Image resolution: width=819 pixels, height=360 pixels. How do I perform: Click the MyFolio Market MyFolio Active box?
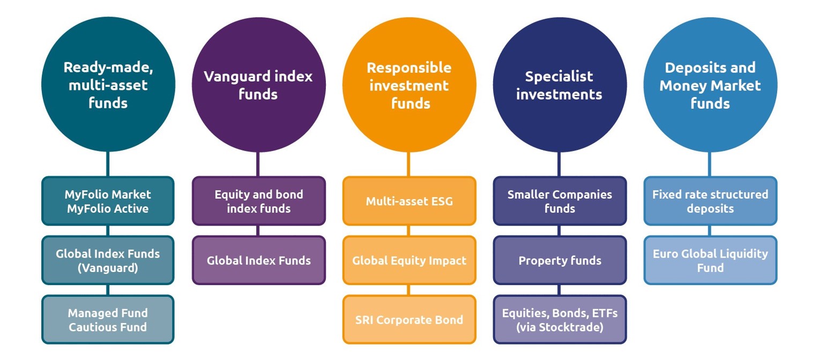coord(108,201)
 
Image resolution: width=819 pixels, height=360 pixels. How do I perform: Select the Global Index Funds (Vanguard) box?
coord(108,260)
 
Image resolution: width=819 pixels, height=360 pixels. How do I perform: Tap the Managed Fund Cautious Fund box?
coord(108,319)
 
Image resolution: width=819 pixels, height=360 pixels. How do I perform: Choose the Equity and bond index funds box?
coord(259,201)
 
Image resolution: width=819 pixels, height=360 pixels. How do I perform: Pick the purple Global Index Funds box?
coord(259,260)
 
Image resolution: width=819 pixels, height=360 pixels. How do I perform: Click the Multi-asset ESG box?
coord(409,201)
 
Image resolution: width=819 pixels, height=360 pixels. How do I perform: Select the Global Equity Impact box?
coord(409,260)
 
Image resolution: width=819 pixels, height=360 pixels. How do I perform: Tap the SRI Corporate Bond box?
coord(409,319)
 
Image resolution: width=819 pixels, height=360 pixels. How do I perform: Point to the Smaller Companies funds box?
coord(560,201)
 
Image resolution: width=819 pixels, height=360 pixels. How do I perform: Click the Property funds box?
coord(560,260)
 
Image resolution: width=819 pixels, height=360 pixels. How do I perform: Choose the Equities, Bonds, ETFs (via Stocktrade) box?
coord(560,319)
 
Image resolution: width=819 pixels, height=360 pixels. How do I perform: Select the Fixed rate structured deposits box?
coord(710,201)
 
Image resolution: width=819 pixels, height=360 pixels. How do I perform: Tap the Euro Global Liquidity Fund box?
coord(710,260)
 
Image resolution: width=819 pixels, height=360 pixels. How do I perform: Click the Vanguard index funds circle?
coord(259,85)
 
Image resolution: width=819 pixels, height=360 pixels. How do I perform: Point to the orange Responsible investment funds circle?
coord(409,85)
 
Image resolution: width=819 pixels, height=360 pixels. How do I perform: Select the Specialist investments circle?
coord(560,85)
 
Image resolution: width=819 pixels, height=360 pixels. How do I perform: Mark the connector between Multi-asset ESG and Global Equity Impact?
coord(409,230)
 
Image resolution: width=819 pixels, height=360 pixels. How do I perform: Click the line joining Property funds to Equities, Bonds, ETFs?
coord(559,290)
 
